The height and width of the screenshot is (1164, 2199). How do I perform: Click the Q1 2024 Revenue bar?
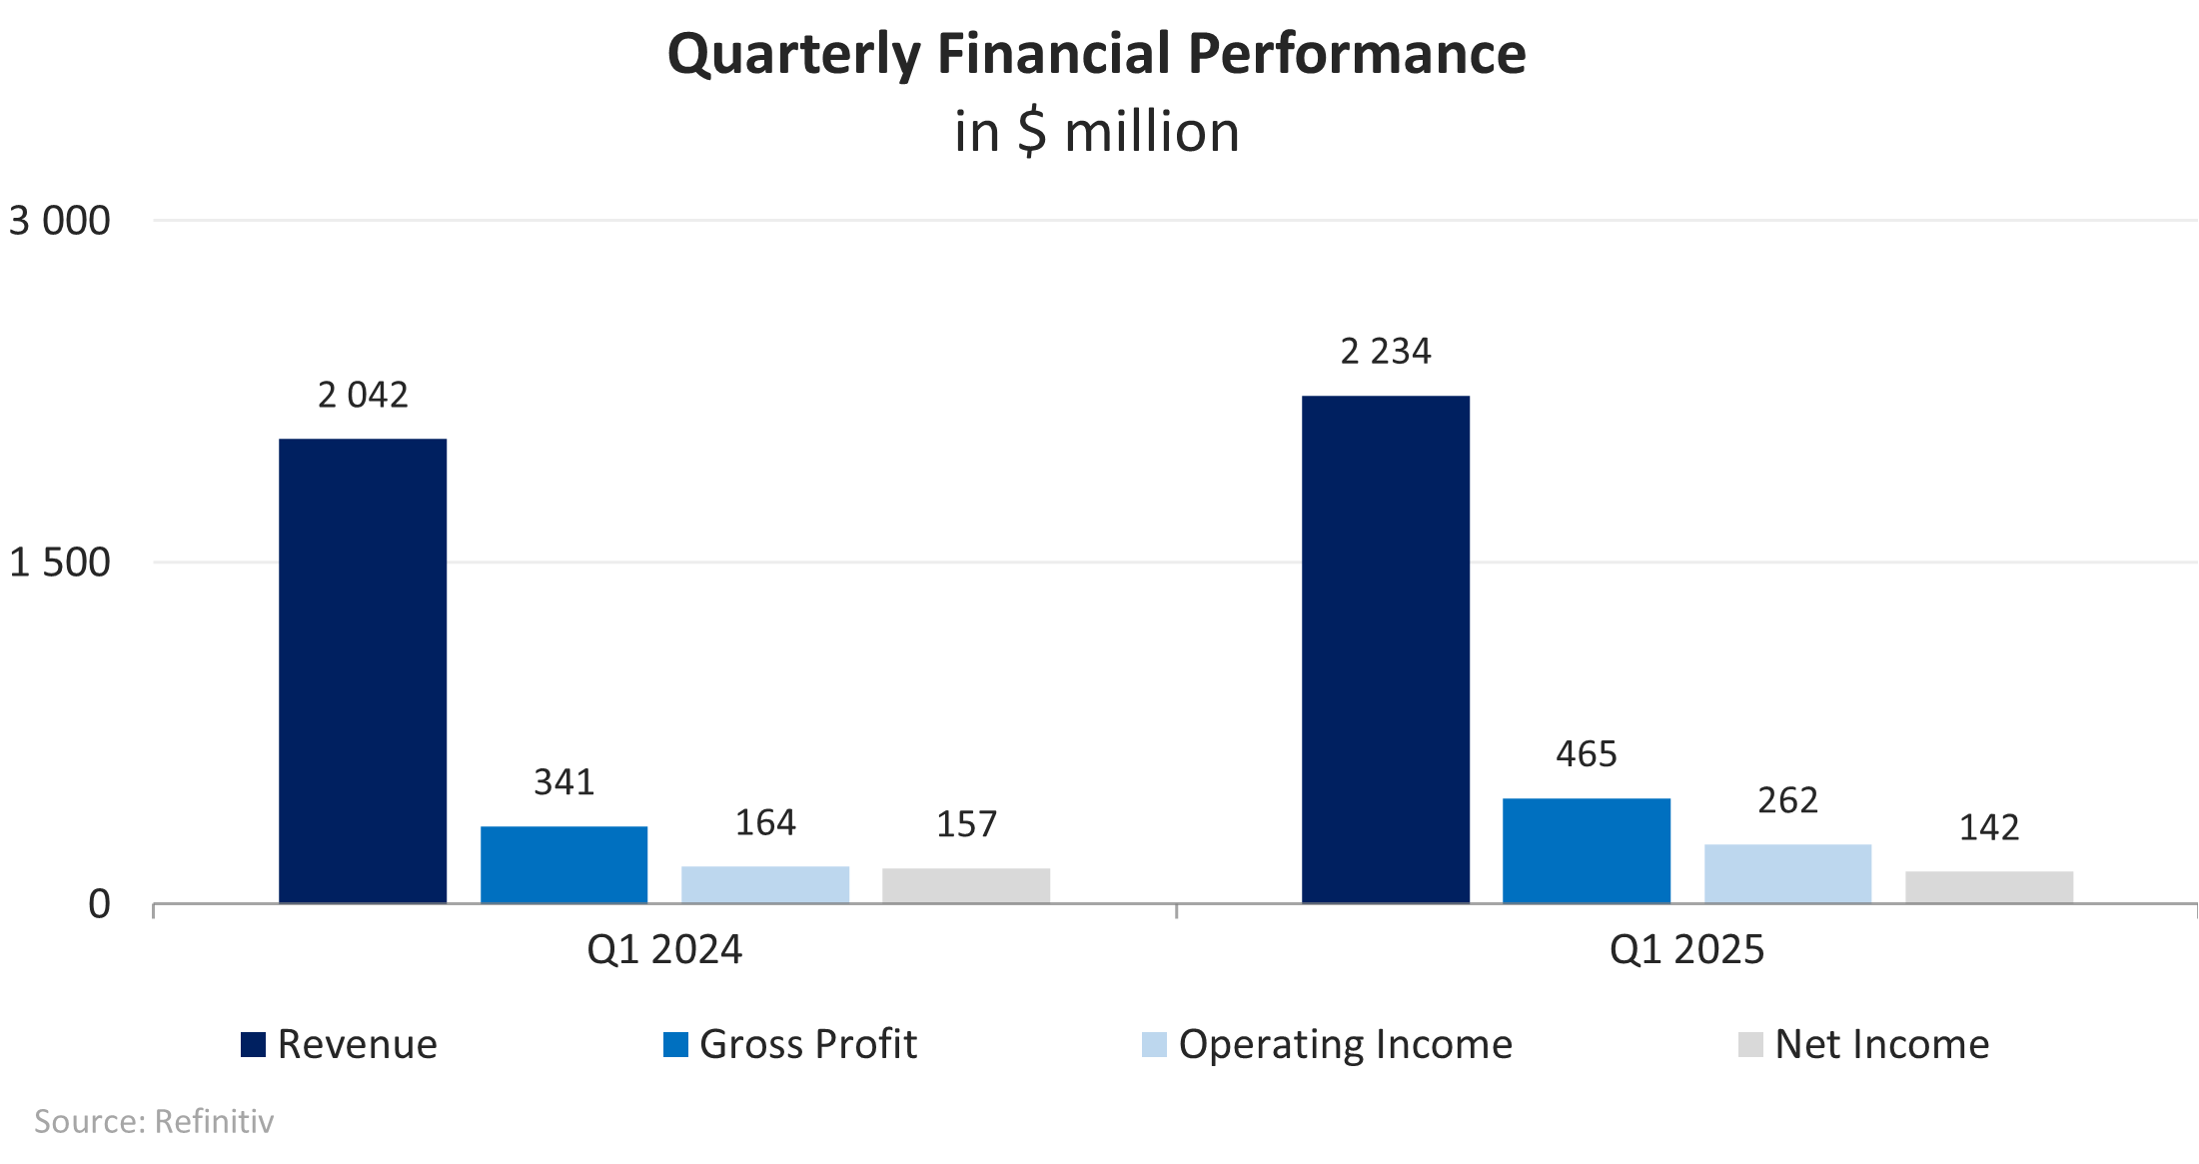click(363, 671)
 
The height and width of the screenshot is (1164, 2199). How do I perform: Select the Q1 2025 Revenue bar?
click(1386, 649)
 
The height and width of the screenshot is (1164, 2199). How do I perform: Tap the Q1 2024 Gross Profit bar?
click(564, 865)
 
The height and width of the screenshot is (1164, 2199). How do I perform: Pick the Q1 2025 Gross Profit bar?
click(1587, 851)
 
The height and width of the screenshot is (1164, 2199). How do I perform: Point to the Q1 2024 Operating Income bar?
click(765, 885)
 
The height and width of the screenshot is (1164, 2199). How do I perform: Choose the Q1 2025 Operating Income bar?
click(1788, 874)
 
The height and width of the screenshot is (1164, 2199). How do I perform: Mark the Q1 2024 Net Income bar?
click(966, 886)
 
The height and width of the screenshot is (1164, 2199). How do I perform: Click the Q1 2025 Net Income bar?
click(1989, 887)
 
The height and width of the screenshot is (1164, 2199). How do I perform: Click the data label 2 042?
click(363, 396)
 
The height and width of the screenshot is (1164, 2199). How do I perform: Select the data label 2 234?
click(1386, 352)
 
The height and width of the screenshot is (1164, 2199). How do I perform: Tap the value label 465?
click(1587, 754)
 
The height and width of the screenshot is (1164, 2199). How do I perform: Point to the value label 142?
click(1989, 827)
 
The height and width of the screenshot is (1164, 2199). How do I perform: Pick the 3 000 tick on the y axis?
click(60, 221)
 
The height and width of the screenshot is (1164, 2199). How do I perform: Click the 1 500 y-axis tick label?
click(60, 563)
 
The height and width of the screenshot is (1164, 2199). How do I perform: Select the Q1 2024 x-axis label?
click(664, 949)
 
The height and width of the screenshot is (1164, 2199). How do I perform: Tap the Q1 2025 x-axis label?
click(1687, 949)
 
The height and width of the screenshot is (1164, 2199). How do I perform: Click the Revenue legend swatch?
click(254, 1044)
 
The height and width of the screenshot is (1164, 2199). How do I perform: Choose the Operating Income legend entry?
click(1327, 1044)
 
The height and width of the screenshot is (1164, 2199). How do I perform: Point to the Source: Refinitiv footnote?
click(154, 1121)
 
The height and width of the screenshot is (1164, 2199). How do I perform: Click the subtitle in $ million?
click(1097, 132)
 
